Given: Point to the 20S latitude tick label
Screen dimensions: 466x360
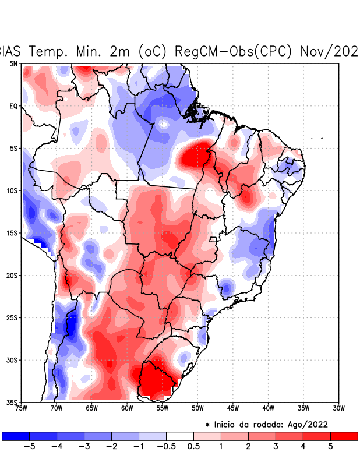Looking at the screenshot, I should (x=13, y=276).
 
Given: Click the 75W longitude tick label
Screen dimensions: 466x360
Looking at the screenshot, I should (x=21, y=408).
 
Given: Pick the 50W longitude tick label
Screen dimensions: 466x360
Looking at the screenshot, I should (x=197, y=408).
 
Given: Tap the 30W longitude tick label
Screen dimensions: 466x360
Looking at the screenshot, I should (x=339, y=408).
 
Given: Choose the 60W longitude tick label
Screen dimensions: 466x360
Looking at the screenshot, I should (x=127, y=408).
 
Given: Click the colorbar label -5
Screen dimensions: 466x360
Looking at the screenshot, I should (x=30, y=447).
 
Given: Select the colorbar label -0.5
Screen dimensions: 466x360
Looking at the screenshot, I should (x=166, y=447).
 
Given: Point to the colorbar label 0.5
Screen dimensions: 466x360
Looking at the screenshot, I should (x=193, y=447).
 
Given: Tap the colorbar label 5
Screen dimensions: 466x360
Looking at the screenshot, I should (x=330, y=447).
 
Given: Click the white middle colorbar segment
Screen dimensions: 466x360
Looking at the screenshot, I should (x=180, y=436).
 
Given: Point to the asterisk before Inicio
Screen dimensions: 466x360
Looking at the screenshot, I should (x=207, y=425).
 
